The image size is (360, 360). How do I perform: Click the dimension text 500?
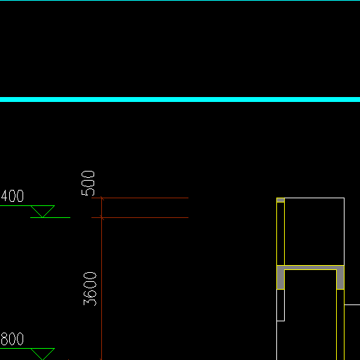(88, 183)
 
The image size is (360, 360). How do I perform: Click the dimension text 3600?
(90, 289)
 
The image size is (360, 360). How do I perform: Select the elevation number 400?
(12, 196)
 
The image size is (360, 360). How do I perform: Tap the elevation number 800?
(12, 339)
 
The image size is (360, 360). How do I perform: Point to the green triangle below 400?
(43, 210)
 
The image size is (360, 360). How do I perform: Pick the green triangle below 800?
(43, 354)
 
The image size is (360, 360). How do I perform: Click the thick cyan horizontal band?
(180, 99)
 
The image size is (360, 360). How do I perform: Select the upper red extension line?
(140, 198)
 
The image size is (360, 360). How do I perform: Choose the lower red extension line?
(140, 218)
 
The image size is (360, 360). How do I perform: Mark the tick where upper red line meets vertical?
(101, 198)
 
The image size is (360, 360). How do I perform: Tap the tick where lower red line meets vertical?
(101, 218)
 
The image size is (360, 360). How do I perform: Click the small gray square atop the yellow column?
(281, 200)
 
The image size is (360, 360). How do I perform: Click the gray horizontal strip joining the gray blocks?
(311, 268)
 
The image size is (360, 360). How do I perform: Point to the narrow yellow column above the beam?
(281, 233)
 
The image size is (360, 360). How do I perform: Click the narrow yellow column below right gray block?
(340, 325)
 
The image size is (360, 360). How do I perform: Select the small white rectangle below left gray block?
(281, 305)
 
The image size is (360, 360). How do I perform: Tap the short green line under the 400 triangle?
(50, 218)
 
